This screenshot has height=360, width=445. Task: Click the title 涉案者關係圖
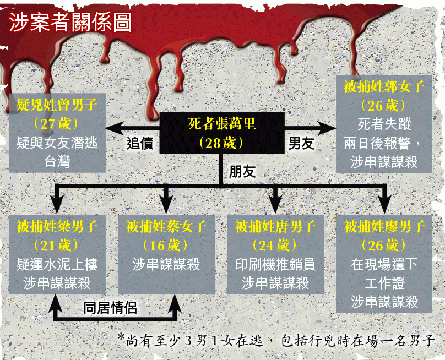[70, 22]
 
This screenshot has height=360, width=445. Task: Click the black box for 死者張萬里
[222, 133]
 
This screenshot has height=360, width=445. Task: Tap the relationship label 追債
[140, 143]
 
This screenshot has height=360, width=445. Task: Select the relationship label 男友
[301, 143]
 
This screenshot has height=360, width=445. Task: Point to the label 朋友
[242, 171]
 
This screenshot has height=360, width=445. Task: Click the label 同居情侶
[110, 308]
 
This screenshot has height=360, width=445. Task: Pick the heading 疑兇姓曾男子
[57, 105]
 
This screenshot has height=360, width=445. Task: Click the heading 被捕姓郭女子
[384, 86]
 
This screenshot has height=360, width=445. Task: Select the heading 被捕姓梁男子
[57, 226]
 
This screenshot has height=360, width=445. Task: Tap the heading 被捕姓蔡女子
[166, 226]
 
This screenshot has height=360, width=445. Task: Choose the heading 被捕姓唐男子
[275, 226]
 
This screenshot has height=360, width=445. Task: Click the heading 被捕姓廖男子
[384, 226]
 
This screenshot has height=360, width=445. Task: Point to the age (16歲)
[166, 245]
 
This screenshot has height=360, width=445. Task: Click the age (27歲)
[56, 124]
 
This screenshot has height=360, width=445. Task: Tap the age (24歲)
[275, 245]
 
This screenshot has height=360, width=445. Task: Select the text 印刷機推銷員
[275, 264]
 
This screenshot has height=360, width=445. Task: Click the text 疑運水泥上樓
[57, 264]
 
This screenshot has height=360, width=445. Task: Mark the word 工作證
[384, 283]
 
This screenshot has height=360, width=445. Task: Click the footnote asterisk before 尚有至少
[121, 337]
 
